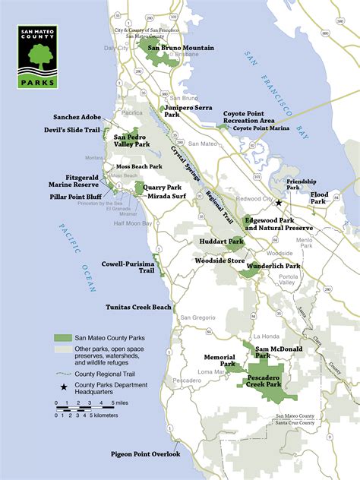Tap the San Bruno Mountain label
tap(180, 48)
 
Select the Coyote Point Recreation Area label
tap(248, 117)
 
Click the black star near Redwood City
tap(279, 204)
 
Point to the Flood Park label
tap(319, 198)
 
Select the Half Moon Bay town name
tap(133, 224)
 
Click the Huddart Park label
tap(225, 242)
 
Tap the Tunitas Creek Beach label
tap(138, 307)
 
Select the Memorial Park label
tap(217, 360)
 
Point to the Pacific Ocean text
tap(84, 254)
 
